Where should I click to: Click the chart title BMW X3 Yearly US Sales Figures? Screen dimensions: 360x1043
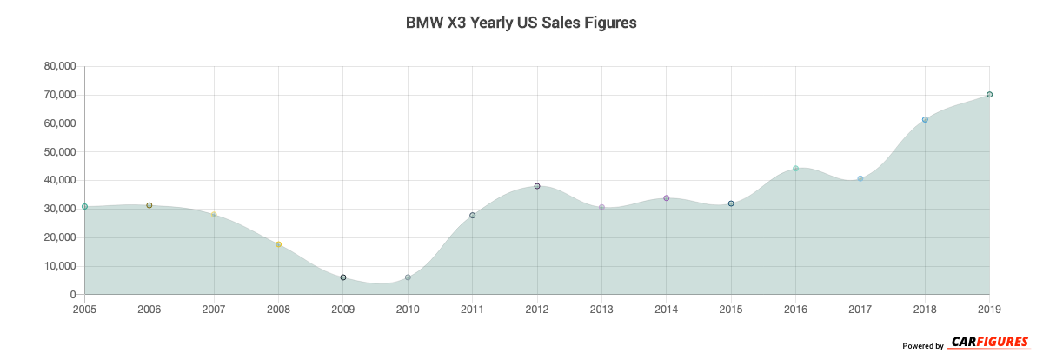point(521,23)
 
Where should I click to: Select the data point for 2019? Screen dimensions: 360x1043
point(989,95)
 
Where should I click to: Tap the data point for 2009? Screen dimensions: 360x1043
point(343,277)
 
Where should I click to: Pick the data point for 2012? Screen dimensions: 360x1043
point(537,186)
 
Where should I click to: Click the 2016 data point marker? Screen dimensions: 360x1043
point(795,169)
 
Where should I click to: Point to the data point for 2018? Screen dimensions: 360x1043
point(925,120)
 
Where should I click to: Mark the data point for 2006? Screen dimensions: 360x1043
point(149,205)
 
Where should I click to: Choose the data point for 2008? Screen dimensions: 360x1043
point(278,244)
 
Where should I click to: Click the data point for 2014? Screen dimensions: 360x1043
point(667,198)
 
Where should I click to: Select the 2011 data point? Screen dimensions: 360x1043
point(473,216)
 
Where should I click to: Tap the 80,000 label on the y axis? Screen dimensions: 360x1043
point(59,66)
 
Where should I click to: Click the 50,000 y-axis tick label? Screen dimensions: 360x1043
point(59,152)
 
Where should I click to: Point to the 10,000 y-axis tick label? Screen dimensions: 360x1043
point(59,266)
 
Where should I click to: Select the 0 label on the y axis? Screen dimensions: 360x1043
point(73,295)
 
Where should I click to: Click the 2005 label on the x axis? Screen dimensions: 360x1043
point(85,309)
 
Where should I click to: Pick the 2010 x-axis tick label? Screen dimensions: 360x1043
point(408,309)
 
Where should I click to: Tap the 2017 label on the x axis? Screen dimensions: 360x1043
point(860,309)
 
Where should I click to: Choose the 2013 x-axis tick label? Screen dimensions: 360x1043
point(601,309)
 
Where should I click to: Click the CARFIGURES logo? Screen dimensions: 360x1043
point(989,342)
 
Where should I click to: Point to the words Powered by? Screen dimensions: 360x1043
point(923,346)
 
